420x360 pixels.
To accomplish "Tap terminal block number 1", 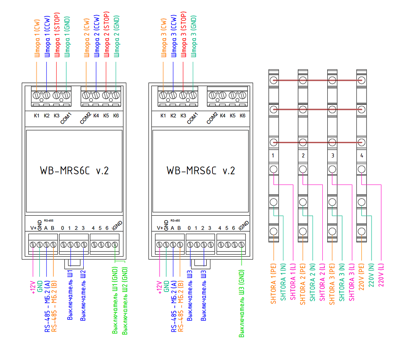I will coord(273,156).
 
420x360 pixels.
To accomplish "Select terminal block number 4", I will coord(361,156).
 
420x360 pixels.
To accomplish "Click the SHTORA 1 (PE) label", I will coord(273,283).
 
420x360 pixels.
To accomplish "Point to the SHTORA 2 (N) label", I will coord(312,283).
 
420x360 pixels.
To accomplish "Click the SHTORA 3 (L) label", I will coord(352,283).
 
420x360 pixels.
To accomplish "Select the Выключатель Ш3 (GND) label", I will coord(242,303).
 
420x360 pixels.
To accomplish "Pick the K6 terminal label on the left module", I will coord(116,116).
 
